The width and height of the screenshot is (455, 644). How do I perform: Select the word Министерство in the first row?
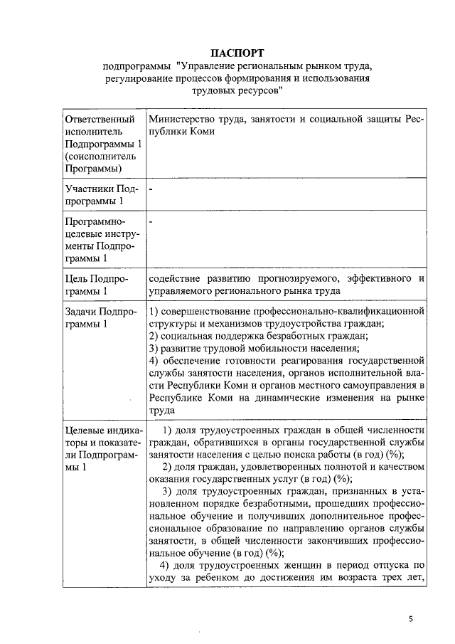[183, 119]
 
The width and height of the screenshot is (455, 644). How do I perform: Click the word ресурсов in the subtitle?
[260, 91]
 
